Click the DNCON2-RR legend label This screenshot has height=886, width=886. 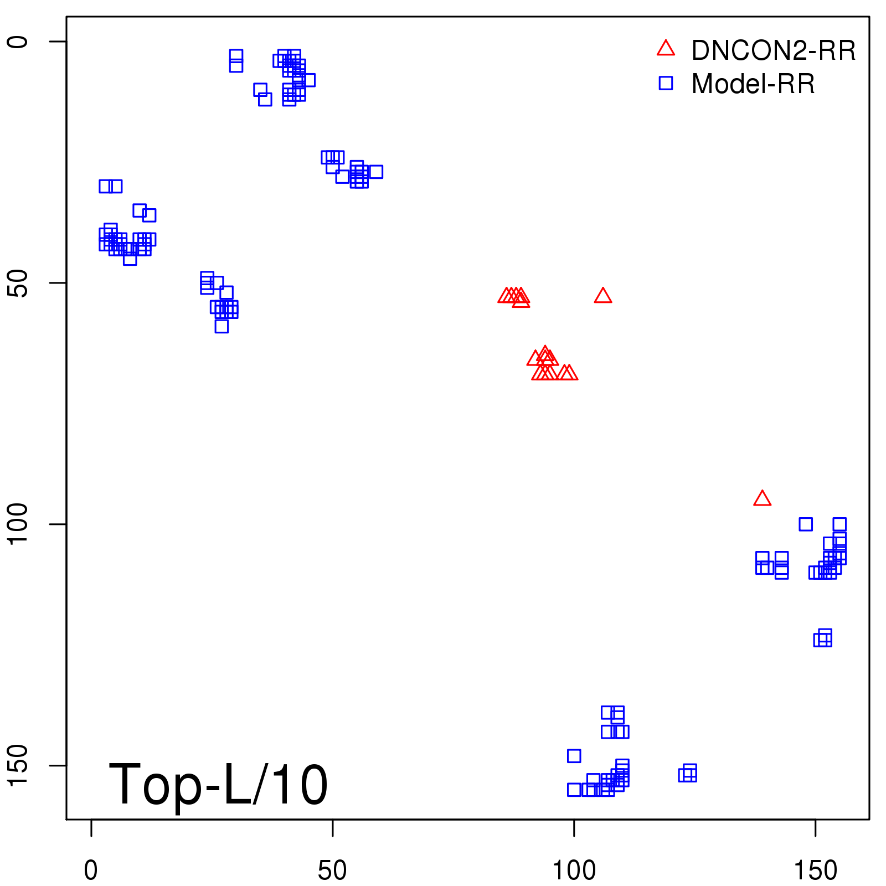(773, 51)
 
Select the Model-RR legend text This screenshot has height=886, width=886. (753, 84)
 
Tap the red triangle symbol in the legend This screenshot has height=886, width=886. (666, 49)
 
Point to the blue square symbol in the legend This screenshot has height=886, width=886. (666, 83)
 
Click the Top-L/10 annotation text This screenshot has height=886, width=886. (218, 785)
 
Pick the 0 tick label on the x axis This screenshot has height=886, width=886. (91, 871)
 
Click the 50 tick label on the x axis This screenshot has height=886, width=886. (332, 871)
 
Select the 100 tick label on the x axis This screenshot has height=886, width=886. (574, 871)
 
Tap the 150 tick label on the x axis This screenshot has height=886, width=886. (815, 871)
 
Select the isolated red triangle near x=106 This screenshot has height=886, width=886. (603, 296)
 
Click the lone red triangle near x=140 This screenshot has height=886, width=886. (763, 499)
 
